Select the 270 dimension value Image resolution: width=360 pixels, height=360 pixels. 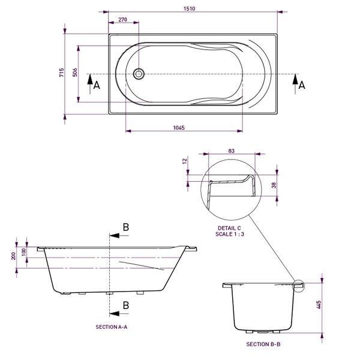click(122, 20)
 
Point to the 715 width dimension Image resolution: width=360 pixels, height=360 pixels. click(61, 73)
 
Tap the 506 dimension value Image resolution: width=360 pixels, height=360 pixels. click(74, 73)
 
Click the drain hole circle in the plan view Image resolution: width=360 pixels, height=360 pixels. click(139, 74)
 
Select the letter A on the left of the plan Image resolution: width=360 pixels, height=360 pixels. click(96, 86)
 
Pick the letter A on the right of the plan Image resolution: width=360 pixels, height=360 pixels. click(302, 86)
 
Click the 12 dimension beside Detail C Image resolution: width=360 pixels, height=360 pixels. click(186, 161)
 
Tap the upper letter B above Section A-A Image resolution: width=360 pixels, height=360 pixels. click(125, 227)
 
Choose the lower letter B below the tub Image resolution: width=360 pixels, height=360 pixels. click(125, 305)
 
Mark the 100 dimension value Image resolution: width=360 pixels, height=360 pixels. click(25, 251)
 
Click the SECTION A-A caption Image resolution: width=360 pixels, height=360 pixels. click(112, 327)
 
